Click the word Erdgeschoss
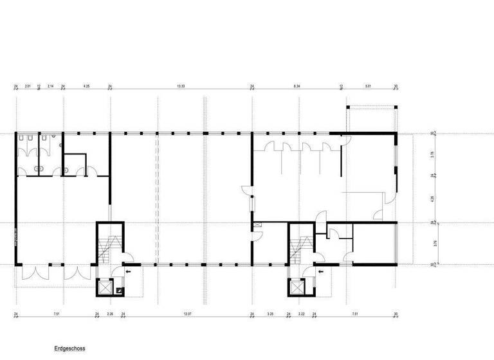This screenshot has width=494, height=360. tap(69, 348)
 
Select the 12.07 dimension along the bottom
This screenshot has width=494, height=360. tap(187, 314)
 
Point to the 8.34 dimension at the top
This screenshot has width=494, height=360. tap(297, 85)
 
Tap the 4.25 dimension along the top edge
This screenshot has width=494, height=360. tap(86, 85)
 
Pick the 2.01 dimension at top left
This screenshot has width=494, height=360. tap(28, 85)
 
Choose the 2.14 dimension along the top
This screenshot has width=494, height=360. tap(50, 85)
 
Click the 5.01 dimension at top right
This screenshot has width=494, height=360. tap(368, 85)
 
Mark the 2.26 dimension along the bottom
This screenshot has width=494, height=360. tap(110, 314)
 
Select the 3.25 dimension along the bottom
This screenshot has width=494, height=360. tap(270, 314)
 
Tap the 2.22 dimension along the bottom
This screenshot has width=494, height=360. tap(301, 314)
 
